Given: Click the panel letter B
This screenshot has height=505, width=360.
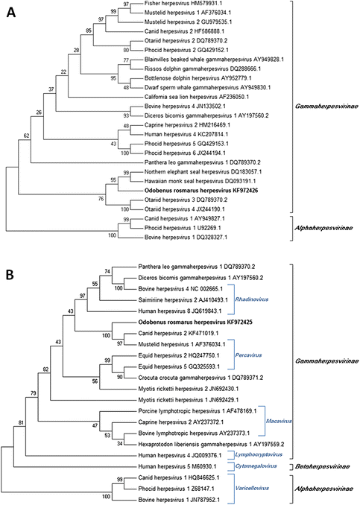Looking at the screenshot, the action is [10, 276].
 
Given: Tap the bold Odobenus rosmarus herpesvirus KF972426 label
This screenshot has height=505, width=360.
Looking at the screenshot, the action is [201, 191].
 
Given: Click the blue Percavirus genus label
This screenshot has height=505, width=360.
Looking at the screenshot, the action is [248, 355].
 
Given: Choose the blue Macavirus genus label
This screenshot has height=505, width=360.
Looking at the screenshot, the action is [279, 422].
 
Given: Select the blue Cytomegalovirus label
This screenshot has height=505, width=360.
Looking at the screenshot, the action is [256, 466].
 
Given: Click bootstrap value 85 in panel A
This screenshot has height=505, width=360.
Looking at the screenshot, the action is [89, 31].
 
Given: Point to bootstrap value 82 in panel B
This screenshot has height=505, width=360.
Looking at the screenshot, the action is [45, 369].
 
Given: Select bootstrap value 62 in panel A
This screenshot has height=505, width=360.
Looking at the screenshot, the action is [26, 136].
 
